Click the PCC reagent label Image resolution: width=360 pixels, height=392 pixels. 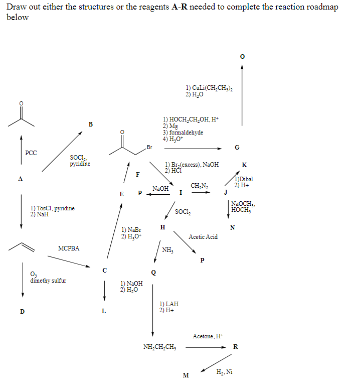click(31, 153)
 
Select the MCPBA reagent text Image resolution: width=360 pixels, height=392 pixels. click(69, 248)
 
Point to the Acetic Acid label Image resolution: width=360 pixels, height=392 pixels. click(203, 237)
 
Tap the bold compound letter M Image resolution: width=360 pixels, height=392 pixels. click(186, 375)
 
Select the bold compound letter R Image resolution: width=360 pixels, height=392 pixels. click(236, 347)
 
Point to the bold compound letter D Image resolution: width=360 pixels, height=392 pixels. click(22, 311)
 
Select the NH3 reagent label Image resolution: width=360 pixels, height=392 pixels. click(167, 250)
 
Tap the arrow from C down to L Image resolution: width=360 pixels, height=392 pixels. click(104, 290)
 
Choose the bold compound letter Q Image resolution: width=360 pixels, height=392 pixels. click(153, 273)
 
